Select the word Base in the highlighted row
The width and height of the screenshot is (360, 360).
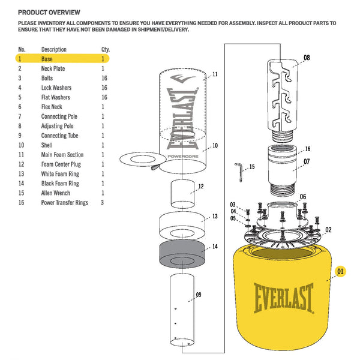tap(47, 59)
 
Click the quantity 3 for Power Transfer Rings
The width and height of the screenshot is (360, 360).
tap(103, 203)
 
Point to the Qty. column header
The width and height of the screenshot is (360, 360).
tap(105, 49)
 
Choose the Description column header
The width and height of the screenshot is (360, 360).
tap(54, 49)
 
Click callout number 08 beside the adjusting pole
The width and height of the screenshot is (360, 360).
tap(307, 58)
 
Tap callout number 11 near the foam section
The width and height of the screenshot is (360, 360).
tap(215, 74)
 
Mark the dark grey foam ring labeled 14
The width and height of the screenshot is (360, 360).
tap(182, 256)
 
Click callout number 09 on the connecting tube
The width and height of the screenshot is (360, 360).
tap(198, 295)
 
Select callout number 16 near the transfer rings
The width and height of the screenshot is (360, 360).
tap(307, 149)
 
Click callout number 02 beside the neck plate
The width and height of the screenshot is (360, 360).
tap(328, 230)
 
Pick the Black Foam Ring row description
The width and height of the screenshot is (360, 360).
tap(60, 184)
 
